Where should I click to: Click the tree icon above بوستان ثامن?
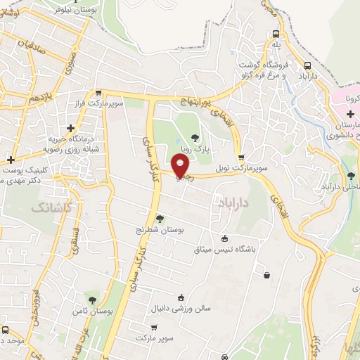[92, 300]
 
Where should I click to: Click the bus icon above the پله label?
[277, 34]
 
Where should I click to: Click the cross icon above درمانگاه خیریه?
[70, 128]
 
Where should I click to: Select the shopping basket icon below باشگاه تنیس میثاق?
[266, 275]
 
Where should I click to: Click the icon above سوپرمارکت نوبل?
[242, 157]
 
